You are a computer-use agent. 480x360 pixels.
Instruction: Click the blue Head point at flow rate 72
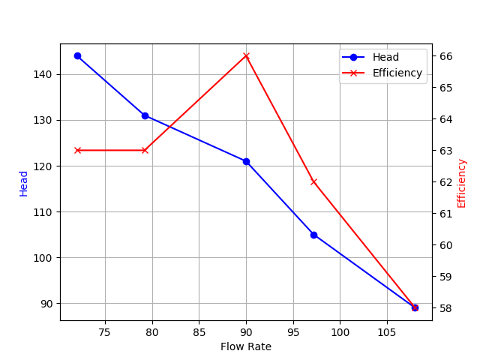click(77, 56)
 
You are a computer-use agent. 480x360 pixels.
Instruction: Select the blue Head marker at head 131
click(145, 115)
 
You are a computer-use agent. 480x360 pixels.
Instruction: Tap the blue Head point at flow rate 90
click(246, 161)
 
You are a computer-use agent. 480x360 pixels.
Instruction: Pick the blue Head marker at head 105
click(313, 235)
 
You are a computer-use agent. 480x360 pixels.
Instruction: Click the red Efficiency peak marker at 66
click(246, 56)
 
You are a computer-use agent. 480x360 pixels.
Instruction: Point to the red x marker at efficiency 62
click(313, 181)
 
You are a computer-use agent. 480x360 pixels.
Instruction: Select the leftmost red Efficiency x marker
click(77, 150)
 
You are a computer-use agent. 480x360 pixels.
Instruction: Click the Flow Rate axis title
click(246, 346)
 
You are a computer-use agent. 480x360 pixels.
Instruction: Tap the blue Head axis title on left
click(24, 183)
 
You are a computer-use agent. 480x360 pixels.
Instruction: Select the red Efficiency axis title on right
click(462, 183)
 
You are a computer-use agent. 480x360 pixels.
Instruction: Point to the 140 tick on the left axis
click(46, 74)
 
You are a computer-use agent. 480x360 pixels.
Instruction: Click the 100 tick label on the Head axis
click(46, 258)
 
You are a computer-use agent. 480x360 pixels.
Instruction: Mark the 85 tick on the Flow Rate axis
click(199, 331)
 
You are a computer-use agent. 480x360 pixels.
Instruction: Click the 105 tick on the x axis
click(387, 331)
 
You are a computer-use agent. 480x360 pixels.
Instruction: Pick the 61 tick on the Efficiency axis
click(445, 214)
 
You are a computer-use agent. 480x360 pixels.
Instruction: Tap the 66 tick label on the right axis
click(445, 56)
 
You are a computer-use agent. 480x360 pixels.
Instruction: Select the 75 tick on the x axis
click(105, 331)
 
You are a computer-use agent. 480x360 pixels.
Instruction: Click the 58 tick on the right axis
click(445, 308)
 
